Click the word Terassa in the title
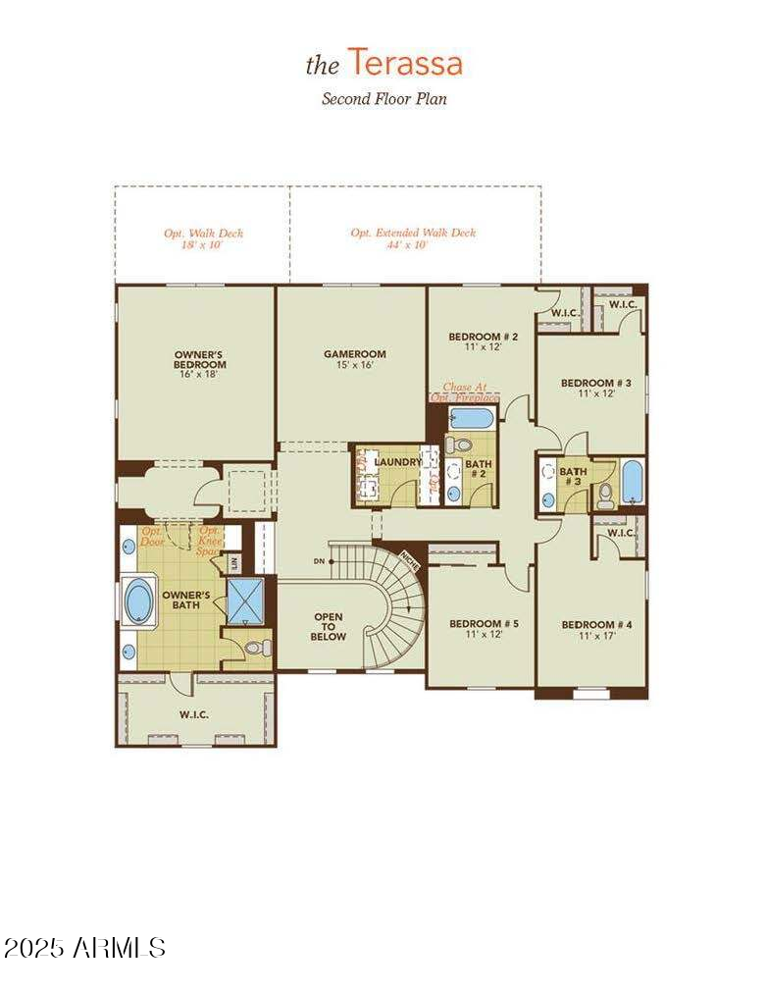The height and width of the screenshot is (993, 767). tap(405, 64)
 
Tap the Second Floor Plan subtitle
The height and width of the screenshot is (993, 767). tap(384, 99)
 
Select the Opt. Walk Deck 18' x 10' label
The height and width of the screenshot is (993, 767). tap(203, 239)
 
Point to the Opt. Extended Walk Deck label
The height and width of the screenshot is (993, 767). tap(413, 238)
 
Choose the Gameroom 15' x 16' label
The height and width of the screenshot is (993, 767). tap(355, 359)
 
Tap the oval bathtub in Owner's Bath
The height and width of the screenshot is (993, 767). tap(138, 601)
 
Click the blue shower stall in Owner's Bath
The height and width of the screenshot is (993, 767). tap(245, 600)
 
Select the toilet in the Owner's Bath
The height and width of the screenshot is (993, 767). tap(257, 648)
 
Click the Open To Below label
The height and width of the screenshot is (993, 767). tap(329, 626)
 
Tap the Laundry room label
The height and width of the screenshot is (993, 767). tap(397, 461)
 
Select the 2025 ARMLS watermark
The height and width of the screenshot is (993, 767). tap(84, 947)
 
